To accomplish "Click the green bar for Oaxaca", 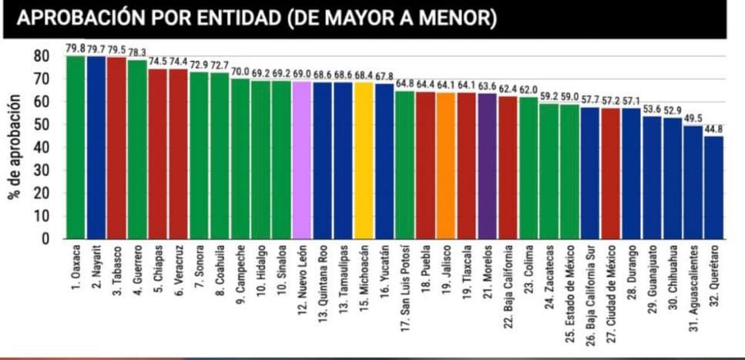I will point(76,146).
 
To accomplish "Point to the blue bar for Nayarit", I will point(96,146).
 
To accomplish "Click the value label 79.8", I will point(76,49).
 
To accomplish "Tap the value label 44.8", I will point(713,129).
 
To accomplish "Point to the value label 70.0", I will point(240,72).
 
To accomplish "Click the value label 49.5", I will point(693,118).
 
